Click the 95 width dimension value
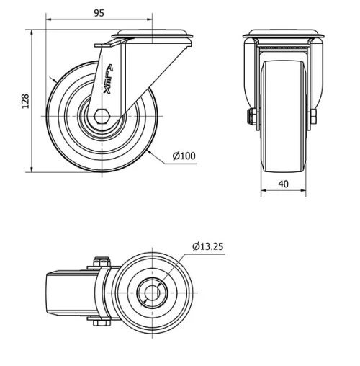pos(100,12)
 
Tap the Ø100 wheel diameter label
pos(184,156)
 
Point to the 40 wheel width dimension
pos(283,184)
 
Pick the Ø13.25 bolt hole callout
pos(208,246)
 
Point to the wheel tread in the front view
pos(283,115)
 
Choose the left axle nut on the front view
pos(253,117)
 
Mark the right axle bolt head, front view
pos(314,117)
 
